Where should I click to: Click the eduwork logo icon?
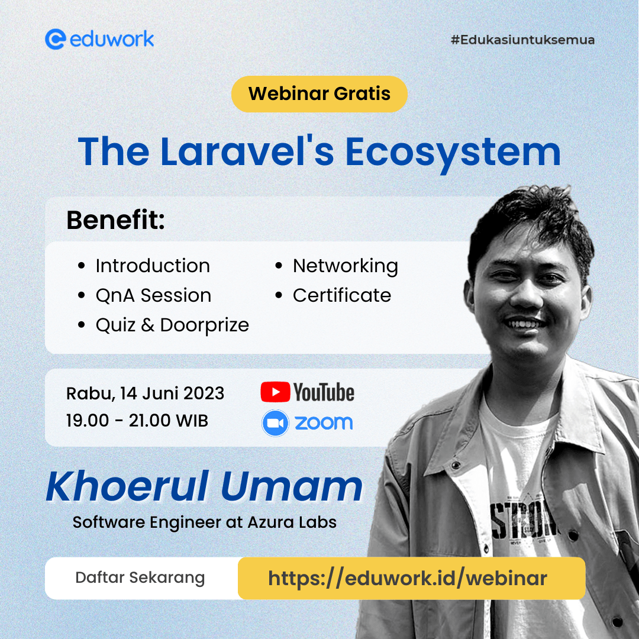[55, 39]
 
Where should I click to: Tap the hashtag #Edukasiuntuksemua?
[522, 40]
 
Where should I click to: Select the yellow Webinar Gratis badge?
[319, 93]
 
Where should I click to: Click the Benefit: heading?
[115, 220]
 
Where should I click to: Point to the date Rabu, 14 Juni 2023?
[145, 393]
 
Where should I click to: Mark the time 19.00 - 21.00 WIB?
[137, 421]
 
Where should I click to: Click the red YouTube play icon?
[275, 392]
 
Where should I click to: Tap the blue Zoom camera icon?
[275, 423]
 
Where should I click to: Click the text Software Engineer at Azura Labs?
[205, 522]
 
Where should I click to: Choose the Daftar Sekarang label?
[140, 578]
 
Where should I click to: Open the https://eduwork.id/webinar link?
[408, 578]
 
